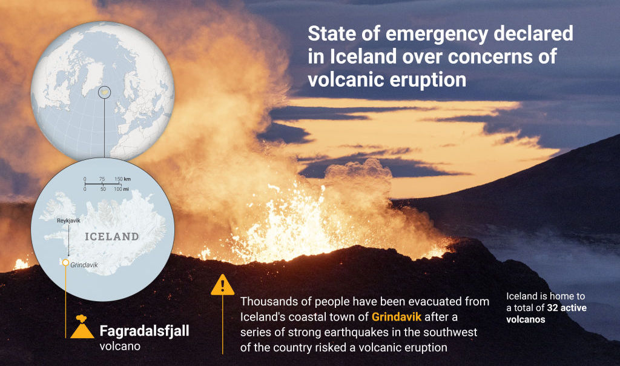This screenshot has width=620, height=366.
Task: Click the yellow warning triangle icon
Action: tap(222, 285)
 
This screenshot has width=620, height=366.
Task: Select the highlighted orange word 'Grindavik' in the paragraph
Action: tap(396, 317)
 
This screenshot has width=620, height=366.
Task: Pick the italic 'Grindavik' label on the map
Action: tap(84, 265)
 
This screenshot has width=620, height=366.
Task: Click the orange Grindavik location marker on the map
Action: tap(65, 262)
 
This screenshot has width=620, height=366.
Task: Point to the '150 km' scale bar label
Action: tap(123, 179)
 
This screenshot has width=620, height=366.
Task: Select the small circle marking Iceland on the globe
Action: tap(104, 92)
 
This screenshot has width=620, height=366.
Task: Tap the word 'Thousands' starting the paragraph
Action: tap(266, 302)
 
